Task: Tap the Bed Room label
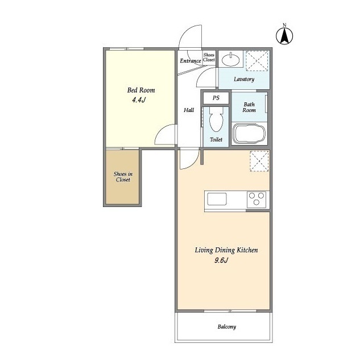141,90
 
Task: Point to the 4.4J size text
139,100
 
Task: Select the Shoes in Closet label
123,177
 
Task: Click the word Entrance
191,61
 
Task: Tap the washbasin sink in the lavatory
230,59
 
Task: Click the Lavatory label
244,79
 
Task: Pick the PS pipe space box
216,98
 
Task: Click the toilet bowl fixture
216,119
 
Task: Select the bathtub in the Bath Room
250,134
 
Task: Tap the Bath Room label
249,107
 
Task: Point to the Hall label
189,110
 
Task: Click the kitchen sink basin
217,199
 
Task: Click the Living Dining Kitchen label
226,250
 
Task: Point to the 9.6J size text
221,260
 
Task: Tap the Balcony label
227,327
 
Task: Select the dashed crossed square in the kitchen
259,161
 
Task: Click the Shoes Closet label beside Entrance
209,57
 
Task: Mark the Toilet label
216,139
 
